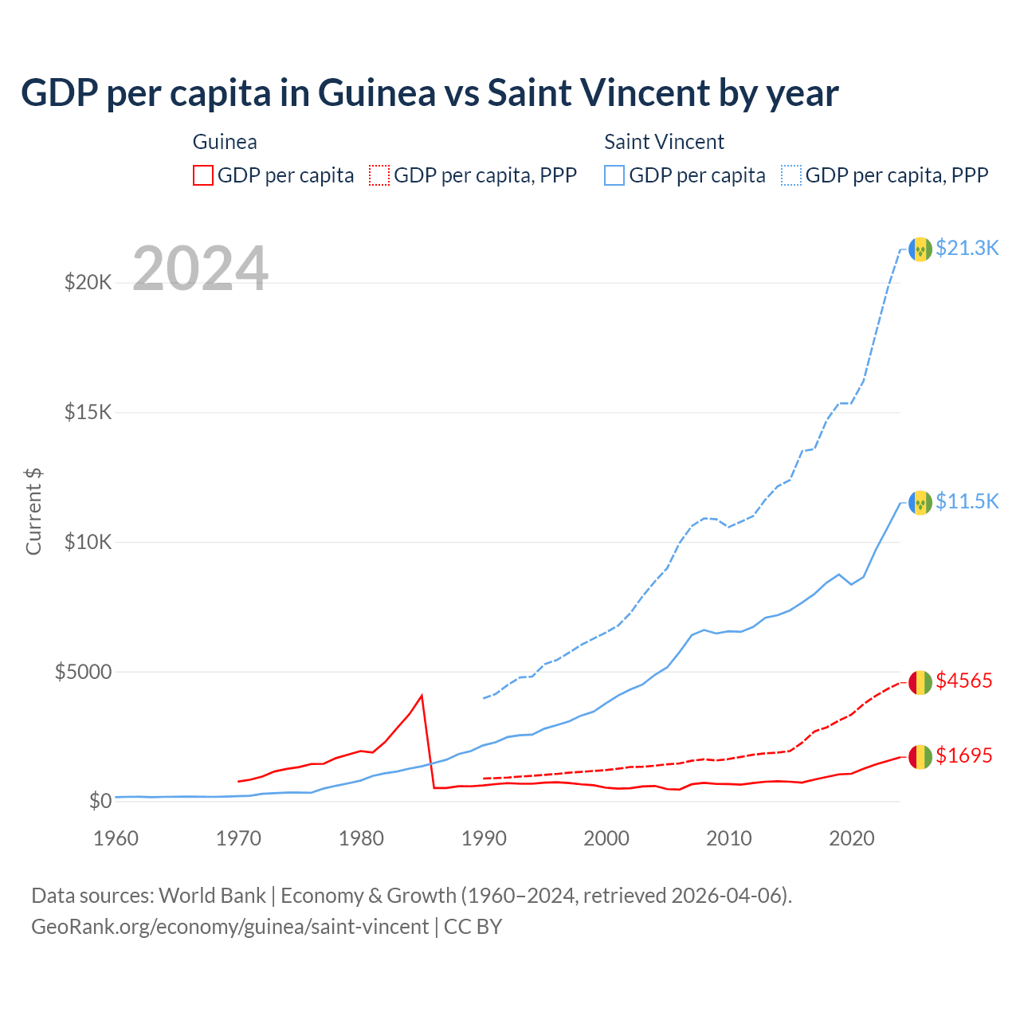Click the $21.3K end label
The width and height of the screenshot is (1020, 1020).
click(967, 248)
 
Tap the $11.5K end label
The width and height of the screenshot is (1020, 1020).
click(967, 501)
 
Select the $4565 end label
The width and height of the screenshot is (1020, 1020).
click(963, 681)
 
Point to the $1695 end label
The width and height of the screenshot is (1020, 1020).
click(963, 755)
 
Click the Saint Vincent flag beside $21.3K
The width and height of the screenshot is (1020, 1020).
click(920, 249)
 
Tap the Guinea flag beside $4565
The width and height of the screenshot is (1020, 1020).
click(920, 682)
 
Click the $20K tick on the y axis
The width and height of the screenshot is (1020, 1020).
click(88, 282)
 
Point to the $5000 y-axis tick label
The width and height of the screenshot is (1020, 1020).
click(83, 672)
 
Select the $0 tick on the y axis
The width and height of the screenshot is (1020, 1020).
click(100, 801)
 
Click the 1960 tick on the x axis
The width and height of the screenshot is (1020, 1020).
click(116, 838)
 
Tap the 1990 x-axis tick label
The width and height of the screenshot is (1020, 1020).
click(484, 838)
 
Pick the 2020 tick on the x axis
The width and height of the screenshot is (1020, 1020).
click(852, 838)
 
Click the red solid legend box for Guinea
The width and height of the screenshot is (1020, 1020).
click(203, 175)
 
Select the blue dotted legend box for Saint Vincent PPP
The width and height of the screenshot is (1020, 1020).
click(791, 175)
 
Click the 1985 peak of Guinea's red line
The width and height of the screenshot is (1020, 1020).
click(422, 696)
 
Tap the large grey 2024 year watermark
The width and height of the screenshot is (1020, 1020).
click(200, 269)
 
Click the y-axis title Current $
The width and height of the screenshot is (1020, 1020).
click(33, 512)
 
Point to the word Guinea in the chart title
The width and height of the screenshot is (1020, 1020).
click(377, 93)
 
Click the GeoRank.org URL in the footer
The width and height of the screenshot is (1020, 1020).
click(229, 927)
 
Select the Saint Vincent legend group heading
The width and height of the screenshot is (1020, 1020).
click(664, 142)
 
